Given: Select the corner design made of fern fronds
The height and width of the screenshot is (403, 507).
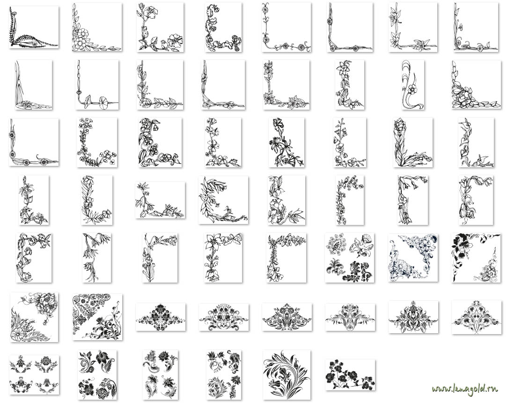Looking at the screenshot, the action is pos(34,28).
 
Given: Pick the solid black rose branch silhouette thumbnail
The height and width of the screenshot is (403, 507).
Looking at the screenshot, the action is pos(350,375).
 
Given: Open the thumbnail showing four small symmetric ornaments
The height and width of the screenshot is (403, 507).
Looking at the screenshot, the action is pos(34,374).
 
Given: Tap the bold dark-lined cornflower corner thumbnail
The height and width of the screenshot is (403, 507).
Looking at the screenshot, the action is pos(287,142).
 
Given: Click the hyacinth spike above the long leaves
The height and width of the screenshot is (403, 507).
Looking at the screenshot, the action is pos(400,127).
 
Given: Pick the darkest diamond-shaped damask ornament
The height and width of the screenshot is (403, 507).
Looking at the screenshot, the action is pos(161,317).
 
